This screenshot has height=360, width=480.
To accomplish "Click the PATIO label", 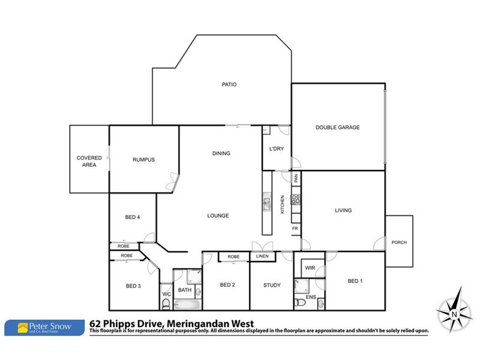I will pyautogui.click(x=229, y=85).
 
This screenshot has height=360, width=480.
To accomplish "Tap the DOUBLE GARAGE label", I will pyautogui.click(x=338, y=127).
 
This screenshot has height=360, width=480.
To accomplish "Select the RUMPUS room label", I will pyautogui.click(x=143, y=160).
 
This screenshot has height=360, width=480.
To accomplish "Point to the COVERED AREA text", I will pyautogui.click(x=89, y=161).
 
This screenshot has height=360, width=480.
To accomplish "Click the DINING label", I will pyautogui.click(x=221, y=154).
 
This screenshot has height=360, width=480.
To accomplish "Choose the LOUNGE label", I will pyautogui.click(x=218, y=215).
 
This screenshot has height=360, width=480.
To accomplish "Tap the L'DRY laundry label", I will pyautogui.click(x=276, y=149).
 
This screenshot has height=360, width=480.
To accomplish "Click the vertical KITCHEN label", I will pyautogui.click(x=283, y=205).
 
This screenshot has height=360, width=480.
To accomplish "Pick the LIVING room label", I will pyautogui.click(x=343, y=211).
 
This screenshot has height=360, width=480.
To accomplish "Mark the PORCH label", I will pyautogui.click(x=399, y=242).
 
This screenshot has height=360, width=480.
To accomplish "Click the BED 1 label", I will pyautogui.click(x=355, y=281).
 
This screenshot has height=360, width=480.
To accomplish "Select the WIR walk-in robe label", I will pyautogui.click(x=310, y=268).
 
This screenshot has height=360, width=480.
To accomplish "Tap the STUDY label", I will pyautogui.click(x=272, y=285).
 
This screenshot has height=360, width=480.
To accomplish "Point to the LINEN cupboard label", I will pyautogui.click(x=262, y=257).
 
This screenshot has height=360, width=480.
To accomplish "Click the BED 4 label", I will pyautogui.click(x=133, y=217).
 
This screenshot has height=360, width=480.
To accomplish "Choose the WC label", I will pyautogui.click(x=166, y=294).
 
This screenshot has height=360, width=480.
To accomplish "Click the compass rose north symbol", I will pyautogui.click(x=454, y=311).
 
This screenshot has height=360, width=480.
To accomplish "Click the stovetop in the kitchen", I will pyautogui.click(x=295, y=197).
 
